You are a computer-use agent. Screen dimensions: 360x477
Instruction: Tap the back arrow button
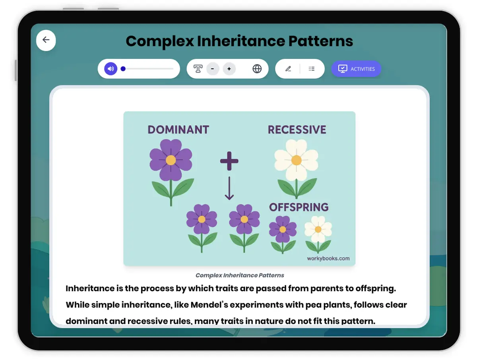click(x=46, y=40)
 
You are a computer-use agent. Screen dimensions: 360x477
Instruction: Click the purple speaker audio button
click(x=111, y=69)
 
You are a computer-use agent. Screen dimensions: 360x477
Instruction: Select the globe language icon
click(x=257, y=69)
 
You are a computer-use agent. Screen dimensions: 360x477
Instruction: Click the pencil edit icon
click(x=288, y=69)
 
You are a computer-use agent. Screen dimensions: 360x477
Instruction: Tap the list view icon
click(x=312, y=69)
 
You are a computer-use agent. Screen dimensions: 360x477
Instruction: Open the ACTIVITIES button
click(x=356, y=69)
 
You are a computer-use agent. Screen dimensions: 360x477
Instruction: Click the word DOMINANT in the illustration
click(x=178, y=130)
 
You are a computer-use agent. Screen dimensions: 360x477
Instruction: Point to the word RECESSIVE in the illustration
click(x=297, y=130)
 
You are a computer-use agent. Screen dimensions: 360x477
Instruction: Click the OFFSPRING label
click(x=299, y=207)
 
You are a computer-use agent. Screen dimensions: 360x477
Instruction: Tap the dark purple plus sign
click(x=229, y=161)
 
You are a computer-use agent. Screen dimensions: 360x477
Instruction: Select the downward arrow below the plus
click(x=229, y=188)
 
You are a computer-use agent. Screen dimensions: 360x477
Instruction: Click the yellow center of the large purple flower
click(x=171, y=160)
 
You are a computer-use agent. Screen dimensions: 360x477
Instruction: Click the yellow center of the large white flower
click(x=296, y=160)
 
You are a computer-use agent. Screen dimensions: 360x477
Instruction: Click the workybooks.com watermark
click(x=328, y=258)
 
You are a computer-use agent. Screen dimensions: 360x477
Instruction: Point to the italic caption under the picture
click(x=240, y=275)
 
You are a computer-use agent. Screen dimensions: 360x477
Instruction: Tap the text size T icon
click(x=198, y=69)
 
